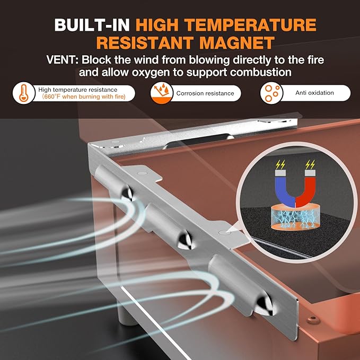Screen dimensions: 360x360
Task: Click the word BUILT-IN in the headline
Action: pos(92,25)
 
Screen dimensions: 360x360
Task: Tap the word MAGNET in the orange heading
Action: pos(237,43)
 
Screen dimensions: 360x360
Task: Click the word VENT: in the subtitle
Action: pos(63,60)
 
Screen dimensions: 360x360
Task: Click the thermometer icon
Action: pos(24,93)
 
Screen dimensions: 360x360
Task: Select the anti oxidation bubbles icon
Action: pos(271,93)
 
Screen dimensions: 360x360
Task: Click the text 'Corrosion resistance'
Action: pos(205,93)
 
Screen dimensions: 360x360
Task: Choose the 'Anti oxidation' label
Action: pos(314,93)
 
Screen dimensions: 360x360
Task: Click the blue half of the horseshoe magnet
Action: pos(285,189)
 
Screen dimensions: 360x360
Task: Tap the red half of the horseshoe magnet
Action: pos(306,189)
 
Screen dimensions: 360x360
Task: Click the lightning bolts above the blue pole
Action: pos(280,164)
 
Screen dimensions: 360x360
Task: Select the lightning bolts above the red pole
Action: pos(310,164)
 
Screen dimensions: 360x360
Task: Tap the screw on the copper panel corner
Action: pos(313,319)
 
